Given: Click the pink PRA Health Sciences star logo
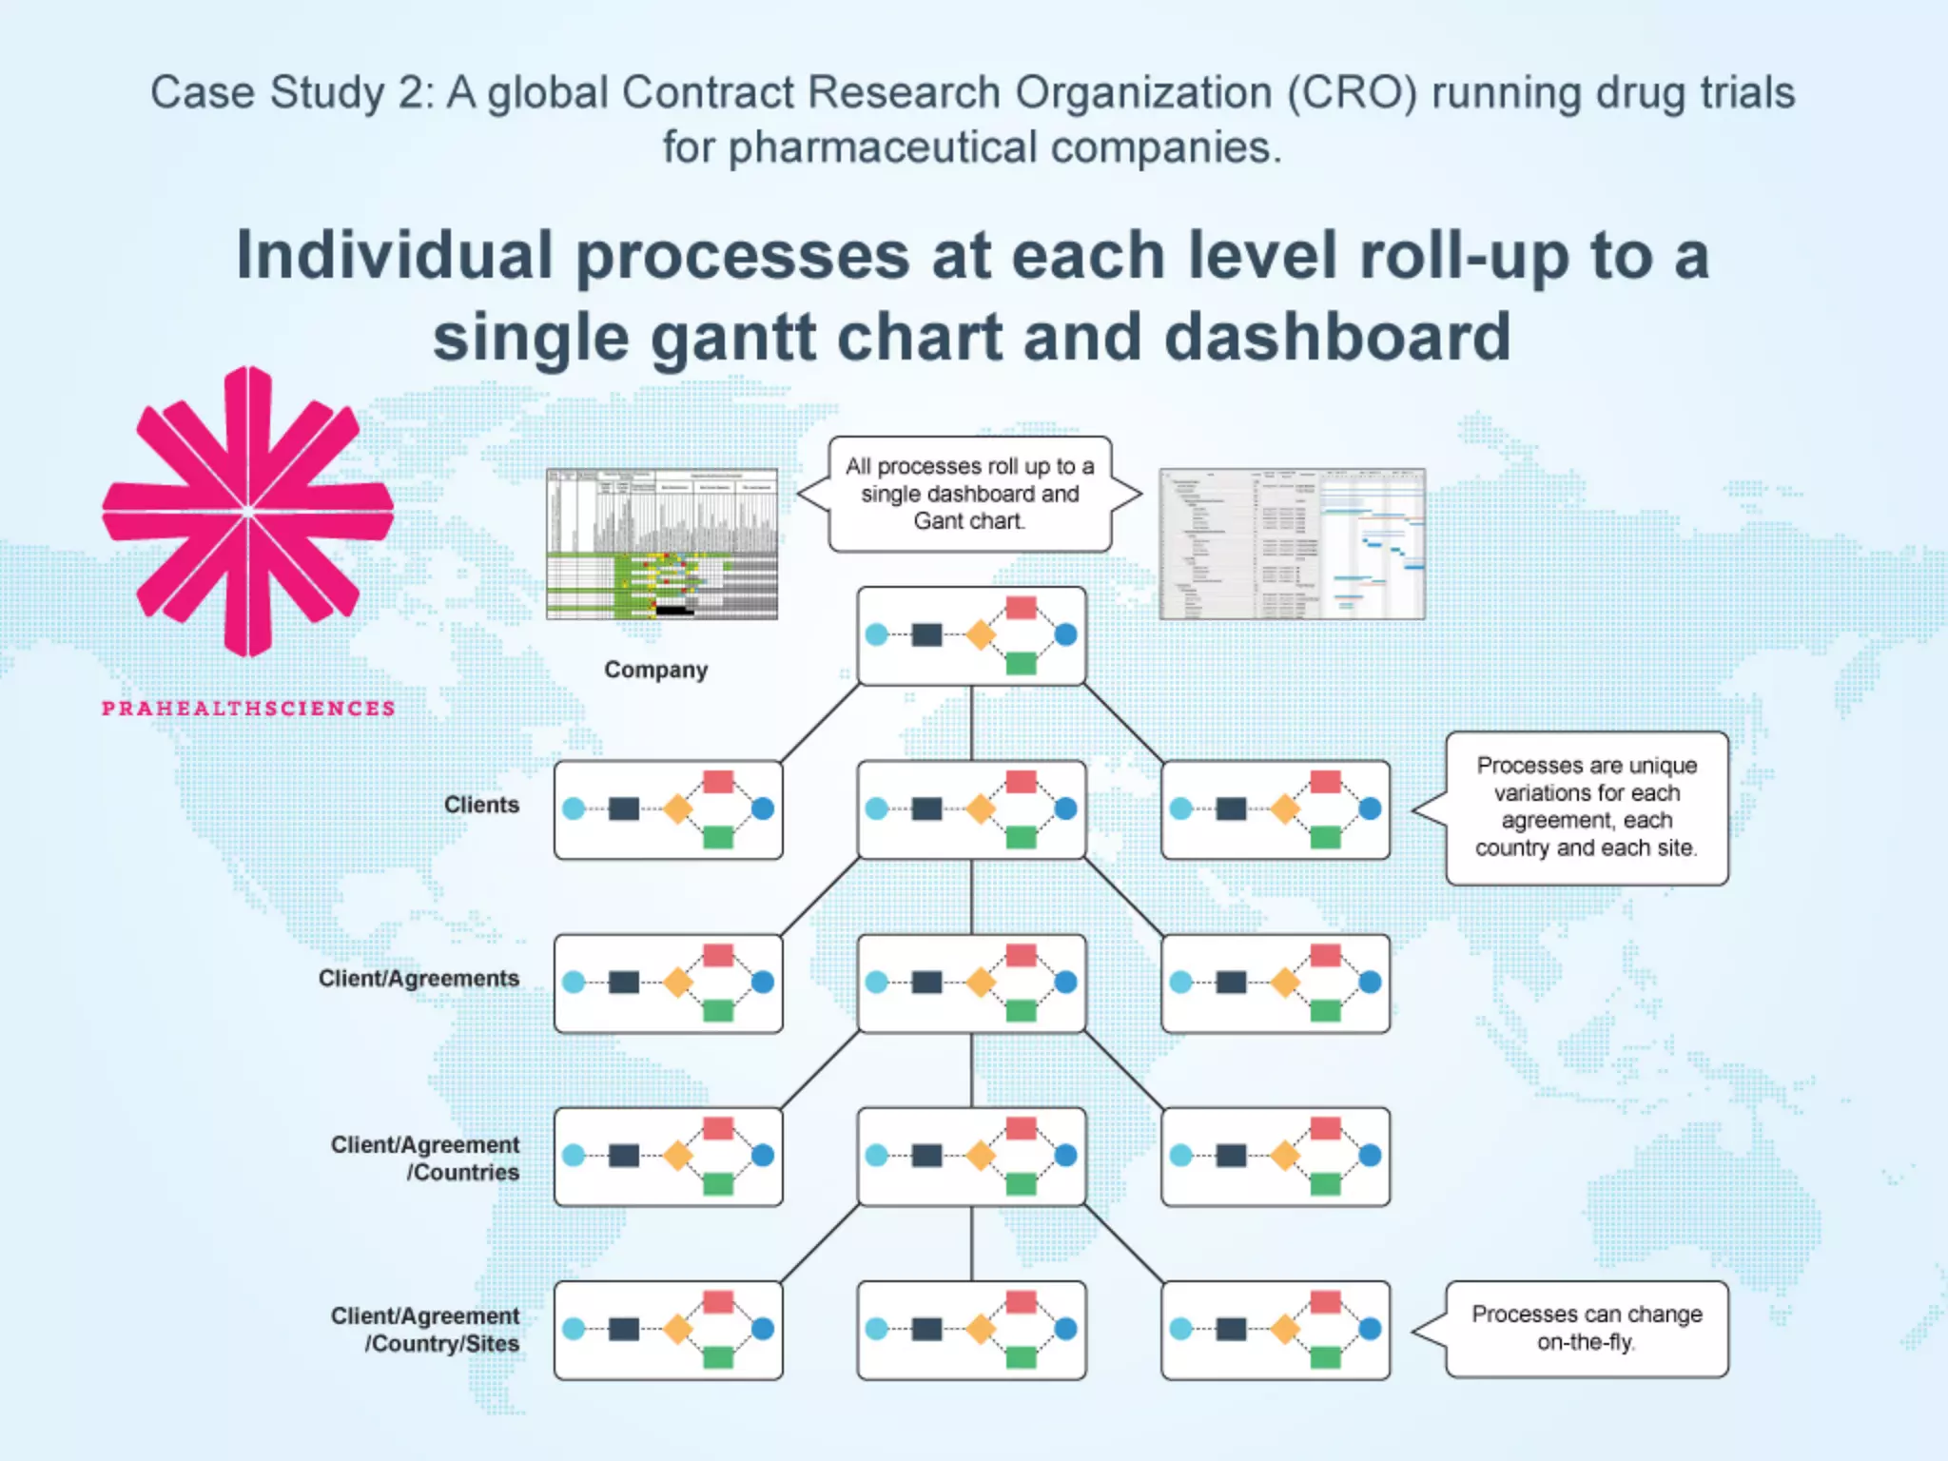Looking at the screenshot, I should point(248,511).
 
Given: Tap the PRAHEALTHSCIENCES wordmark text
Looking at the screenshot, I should point(248,709).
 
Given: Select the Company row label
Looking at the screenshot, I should point(655,670).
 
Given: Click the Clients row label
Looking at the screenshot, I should point(481,805).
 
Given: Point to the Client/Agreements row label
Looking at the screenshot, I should point(419,979).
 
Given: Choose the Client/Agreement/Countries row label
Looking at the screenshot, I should point(425,1158).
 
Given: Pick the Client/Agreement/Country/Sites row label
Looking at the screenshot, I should point(425,1329).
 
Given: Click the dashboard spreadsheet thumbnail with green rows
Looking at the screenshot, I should point(662,544).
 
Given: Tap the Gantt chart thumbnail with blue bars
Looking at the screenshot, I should point(1292,544).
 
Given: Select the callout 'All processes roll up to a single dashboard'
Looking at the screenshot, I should point(969,494).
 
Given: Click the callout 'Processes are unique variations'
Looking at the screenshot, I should point(1587,808).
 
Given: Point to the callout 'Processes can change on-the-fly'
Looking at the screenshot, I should point(1587,1328).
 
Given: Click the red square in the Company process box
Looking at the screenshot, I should point(1021,608).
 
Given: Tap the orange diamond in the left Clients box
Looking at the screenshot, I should point(677,809).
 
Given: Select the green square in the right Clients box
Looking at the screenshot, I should point(1325,837).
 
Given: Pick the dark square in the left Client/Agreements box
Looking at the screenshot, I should point(623,982).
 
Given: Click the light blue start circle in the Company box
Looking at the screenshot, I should point(877,634).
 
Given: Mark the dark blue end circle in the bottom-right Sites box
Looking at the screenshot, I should point(1370,1329).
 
